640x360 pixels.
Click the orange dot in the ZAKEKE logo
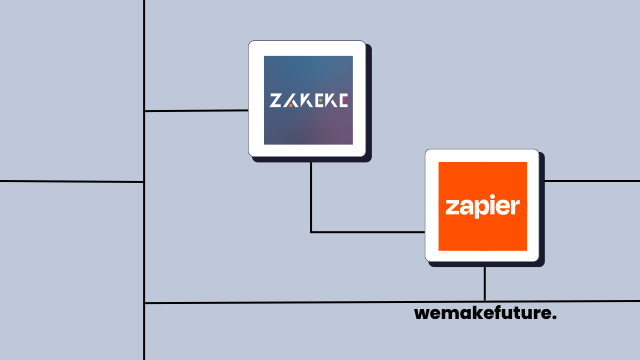click(x=290, y=105)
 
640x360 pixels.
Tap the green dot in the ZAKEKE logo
click(x=320, y=100)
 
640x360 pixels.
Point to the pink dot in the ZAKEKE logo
click(x=344, y=100)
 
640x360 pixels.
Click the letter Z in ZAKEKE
click(x=275, y=100)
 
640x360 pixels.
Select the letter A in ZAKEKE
click(x=290, y=100)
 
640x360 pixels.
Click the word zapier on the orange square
click(x=482, y=206)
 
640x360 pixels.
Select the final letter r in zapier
click(x=515, y=206)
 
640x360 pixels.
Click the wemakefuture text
click(x=485, y=313)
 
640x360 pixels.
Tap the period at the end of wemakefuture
click(x=554, y=318)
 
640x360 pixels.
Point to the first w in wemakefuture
click(x=422, y=314)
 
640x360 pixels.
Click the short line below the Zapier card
click(x=484, y=283)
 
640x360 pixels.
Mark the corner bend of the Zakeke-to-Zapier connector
click(x=311, y=232)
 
